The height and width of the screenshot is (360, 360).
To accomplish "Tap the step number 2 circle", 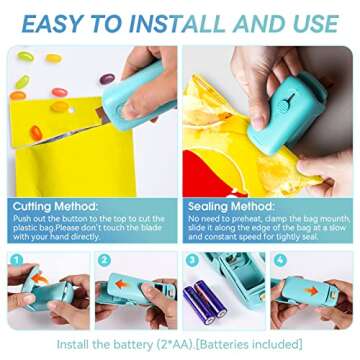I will (105, 258).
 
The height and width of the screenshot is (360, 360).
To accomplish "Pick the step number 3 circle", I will (193, 258).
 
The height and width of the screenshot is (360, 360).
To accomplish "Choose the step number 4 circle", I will (281, 258).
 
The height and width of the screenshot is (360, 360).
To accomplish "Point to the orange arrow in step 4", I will (316, 290).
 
